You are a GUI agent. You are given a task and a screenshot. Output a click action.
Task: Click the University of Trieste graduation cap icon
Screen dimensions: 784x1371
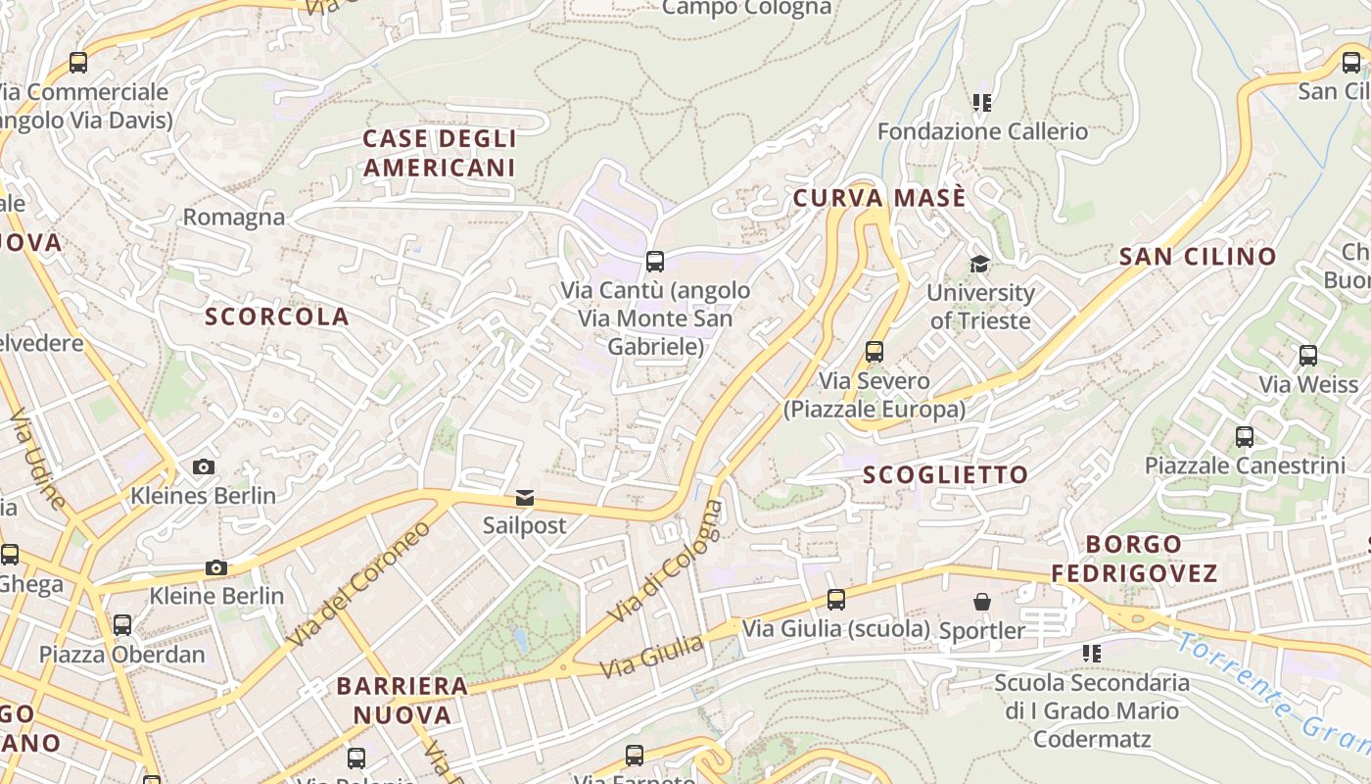pos(979,264)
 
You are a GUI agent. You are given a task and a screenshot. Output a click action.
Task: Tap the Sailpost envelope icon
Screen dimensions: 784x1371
pos(525,498)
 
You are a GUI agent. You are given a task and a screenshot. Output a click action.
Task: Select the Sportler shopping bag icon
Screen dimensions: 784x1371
pos(982,602)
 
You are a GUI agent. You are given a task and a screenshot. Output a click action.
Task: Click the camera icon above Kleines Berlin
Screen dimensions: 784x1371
pos(204,466)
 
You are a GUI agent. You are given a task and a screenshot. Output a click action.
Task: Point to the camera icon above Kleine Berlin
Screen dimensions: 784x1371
pos(216,567)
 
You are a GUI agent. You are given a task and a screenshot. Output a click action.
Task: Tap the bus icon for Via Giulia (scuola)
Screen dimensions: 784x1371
pos(836,600)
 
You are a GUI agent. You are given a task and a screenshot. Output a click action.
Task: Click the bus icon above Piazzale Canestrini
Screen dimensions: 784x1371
pos(1245,437)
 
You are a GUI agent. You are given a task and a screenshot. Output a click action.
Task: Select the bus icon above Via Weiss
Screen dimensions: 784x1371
pos(1308,356)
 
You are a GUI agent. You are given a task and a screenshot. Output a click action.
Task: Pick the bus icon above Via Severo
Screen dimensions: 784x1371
pos(875,352)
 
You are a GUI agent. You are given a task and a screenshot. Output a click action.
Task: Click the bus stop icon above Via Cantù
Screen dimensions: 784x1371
pos(655,262)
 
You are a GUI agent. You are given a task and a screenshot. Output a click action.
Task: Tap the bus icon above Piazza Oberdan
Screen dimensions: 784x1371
pos(122,625)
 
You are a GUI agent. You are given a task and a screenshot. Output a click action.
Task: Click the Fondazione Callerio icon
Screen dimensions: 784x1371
pos(982,103)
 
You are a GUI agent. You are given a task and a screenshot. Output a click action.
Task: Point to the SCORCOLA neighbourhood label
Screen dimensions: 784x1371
pos(277,317)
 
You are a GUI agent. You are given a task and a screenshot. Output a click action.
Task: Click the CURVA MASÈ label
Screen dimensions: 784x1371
pos(879,198)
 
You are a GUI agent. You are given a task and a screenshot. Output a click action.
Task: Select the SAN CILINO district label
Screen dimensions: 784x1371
pos(1198,257)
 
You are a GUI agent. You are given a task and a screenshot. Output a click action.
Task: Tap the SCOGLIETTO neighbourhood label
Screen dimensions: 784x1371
pos(946,475)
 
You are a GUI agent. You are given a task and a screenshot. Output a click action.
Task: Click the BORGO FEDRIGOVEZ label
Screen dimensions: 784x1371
pos(1135,559)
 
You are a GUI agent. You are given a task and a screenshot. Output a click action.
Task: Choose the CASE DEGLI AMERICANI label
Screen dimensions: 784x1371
pos(440,153)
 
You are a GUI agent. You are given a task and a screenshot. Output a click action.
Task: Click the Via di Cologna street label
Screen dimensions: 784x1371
pos(666,562)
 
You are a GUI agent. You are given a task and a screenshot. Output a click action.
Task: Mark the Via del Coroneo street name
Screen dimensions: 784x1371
pos(359,585)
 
